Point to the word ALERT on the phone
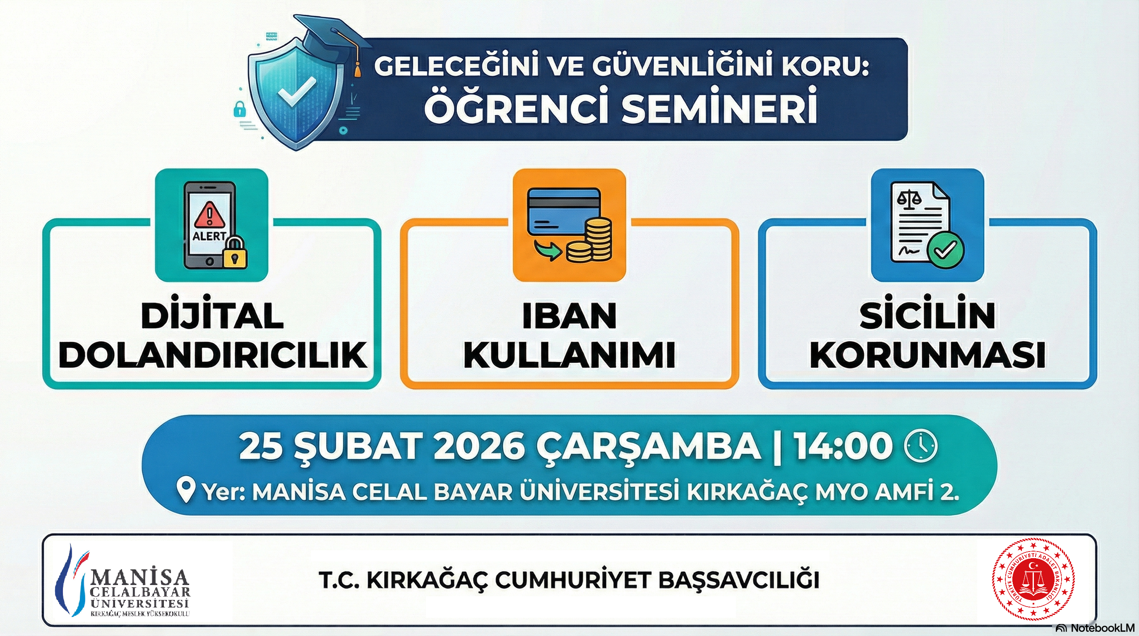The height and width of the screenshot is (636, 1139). (209, 236)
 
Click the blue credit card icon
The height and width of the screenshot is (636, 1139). (564, 212)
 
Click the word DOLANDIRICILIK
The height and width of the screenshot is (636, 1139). (212, 354)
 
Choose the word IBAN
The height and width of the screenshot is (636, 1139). (569, 316)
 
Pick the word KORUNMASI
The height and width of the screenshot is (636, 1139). (927, 354)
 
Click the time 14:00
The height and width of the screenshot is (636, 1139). (842, 446)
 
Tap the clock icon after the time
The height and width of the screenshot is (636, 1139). (921, 446)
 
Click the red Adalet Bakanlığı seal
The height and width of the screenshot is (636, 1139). (1033, 579)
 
